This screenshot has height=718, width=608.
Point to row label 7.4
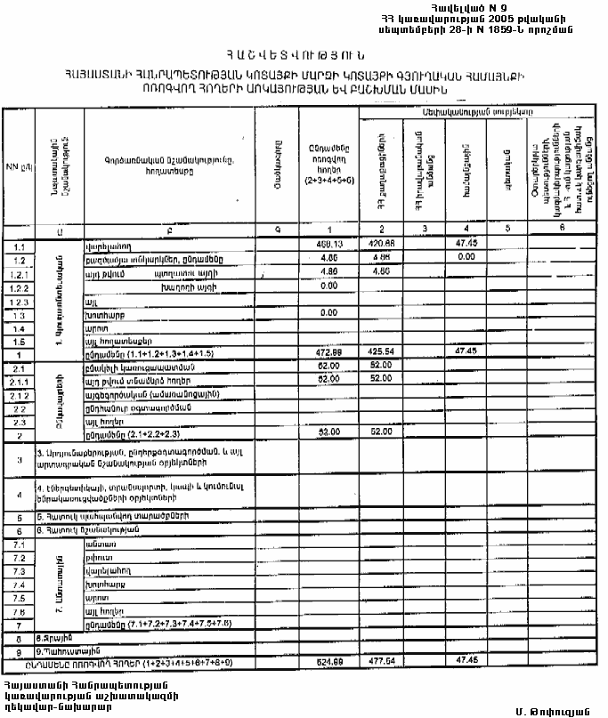click(15, 585)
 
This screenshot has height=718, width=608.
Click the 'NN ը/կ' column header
click(15, 167)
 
